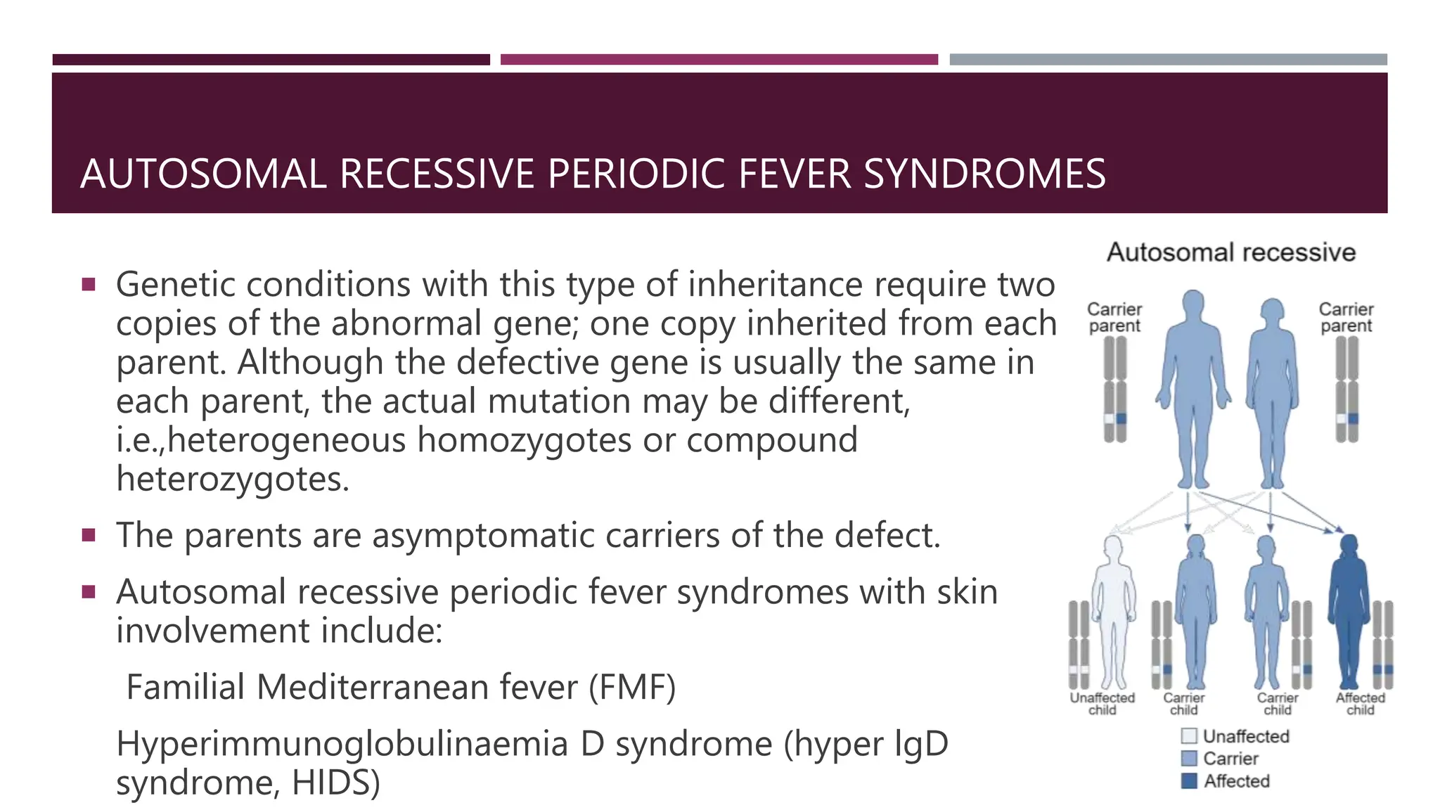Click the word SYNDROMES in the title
click(984, 174)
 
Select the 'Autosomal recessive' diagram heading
click(1231, 252)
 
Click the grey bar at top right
click(1168, 60)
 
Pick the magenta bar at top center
click(719, 60)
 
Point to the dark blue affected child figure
click(1349, 612)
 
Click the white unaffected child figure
click(1113, 612)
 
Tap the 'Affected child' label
click(1360, 703)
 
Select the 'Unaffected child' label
click(1102, 703)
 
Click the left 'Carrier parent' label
click(1114, 317)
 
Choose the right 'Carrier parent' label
click(1346, 317)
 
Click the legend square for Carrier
click(1189, 759)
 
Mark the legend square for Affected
click(1189, 781)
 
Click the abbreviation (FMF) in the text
click(631, 687)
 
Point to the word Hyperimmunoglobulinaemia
click(342, 744)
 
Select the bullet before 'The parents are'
click(89, 535)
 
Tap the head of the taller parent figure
click(1192, 304)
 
